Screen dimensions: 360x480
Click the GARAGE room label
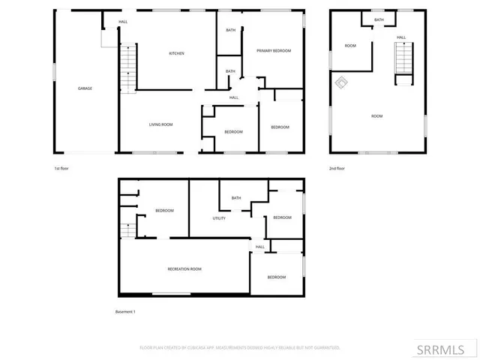coord(85,88)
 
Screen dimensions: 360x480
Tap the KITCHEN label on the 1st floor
coord(177,53)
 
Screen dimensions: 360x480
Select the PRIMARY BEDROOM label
coord(274,50)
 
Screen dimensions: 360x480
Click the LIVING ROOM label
coord(161,124)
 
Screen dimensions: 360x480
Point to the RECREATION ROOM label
coord(184,268)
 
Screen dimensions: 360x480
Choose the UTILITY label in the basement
coord(219,218)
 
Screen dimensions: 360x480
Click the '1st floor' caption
coord(62,168)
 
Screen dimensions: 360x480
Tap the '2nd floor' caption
coord(337,168)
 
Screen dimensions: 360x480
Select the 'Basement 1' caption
coord(125,311)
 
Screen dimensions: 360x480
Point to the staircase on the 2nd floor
coord(403,58)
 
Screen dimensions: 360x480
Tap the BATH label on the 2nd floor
coord(379,20)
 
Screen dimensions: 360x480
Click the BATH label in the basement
coord(236,198)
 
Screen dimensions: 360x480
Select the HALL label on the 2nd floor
coord(401,37)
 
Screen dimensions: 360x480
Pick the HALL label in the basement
coord(260,247)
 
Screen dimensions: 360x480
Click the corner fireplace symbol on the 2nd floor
coord(341,82)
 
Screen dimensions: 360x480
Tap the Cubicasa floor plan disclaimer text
coord(240,347)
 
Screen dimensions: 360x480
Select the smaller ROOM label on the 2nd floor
coord(350,46)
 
